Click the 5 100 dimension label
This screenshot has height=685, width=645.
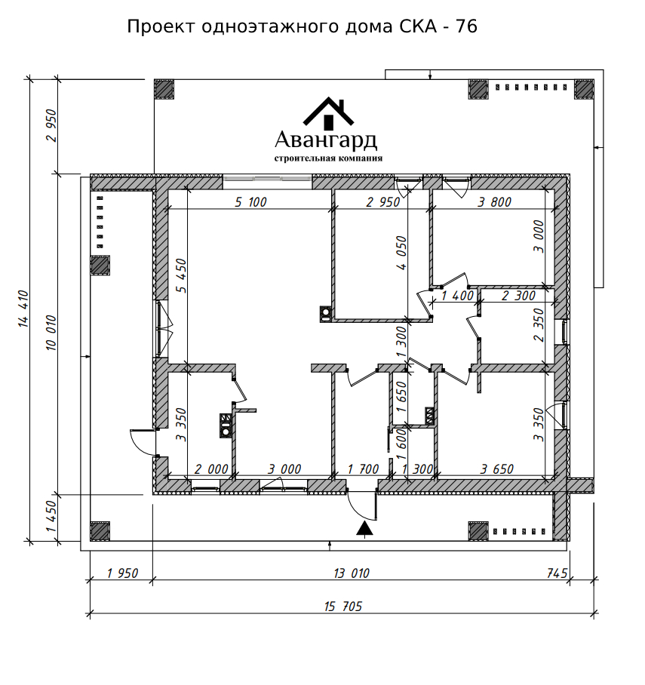pos(250,202)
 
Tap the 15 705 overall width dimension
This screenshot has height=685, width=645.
pos(343,607)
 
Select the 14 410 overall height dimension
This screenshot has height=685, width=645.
pos(23,309)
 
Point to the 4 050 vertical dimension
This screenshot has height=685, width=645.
pos(401,253)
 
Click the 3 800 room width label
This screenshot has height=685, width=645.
pos(494,202)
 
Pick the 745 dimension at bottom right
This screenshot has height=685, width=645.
pos(557,573)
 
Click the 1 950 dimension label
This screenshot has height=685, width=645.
pos(122,573)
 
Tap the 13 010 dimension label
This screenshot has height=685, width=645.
pos(352,573)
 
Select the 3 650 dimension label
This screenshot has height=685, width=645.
pos(497,468)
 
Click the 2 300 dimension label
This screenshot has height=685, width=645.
pos(518,296)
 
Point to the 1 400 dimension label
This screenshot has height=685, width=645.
pos(457,296)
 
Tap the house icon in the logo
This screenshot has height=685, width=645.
pos(329,114)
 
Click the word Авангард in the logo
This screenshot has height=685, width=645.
pos(326,140)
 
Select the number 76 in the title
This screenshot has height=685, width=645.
pos(466,26)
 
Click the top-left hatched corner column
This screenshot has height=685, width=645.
pos(164,89)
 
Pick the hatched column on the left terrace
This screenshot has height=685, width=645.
pos(100,266)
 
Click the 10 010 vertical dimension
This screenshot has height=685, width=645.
pos(51,332)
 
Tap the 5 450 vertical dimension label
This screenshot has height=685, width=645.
pos(181,275)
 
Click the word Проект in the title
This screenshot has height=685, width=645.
pos(161,26)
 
